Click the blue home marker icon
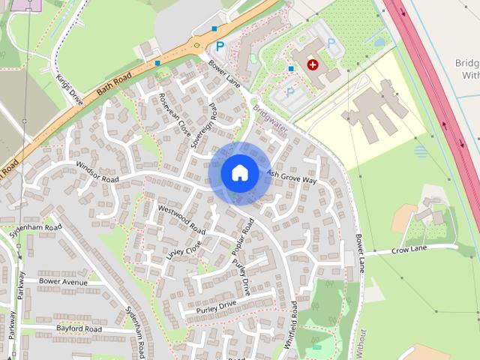pos(239,172)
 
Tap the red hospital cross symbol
pos(312,65)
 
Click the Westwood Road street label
pos(181,217)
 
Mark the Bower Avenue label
pos(63,282)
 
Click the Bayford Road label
pos(78,328)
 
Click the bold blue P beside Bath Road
pos(220,46)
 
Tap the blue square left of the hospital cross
pos(290,69)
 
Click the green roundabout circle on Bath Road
pos(196,45)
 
